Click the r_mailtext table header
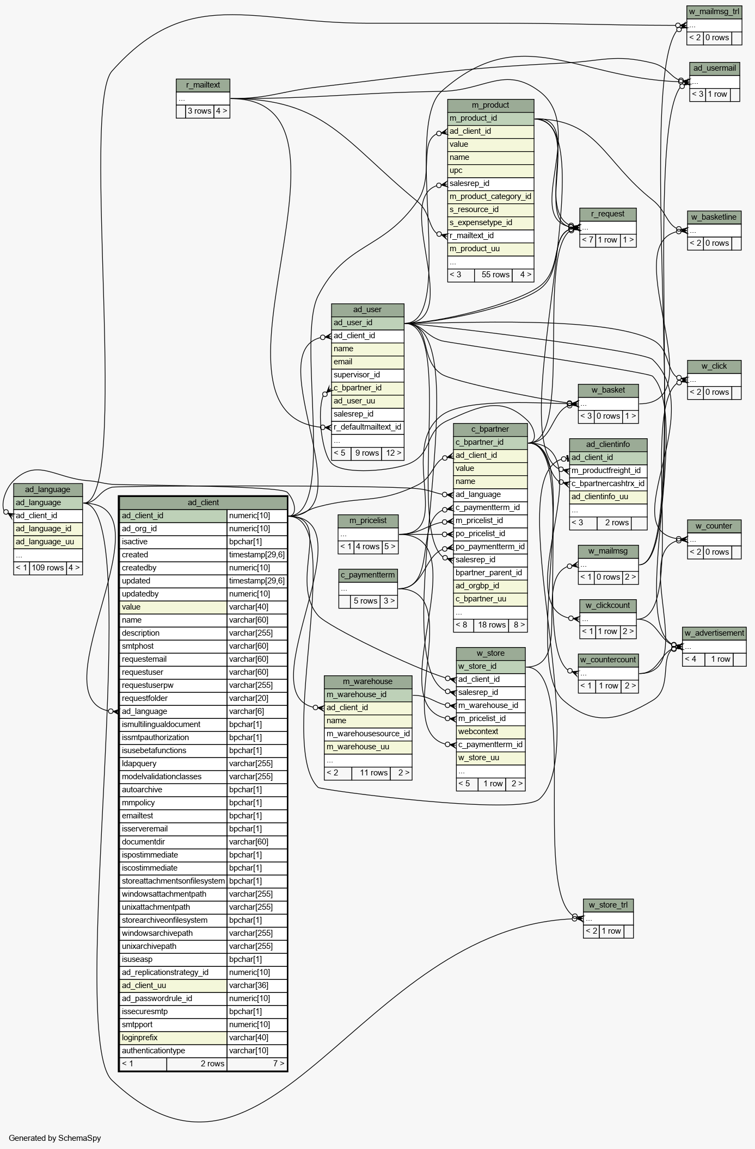pyautogui.click(x=202, y=85)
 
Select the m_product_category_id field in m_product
pyautogui.click(x=490, y=196)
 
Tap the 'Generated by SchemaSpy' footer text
pyautogui.click(x=54, y=1138)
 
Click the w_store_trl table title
pyautogui.click(x=607, y=905)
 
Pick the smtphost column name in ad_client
pyautogui.click(x=137, y=646)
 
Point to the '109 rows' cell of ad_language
pyautogui.click(x=47, y=568)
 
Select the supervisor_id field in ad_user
pyautogui.click(x=357, y=375)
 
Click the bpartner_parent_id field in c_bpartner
pyautogui.click(x=488, y=573)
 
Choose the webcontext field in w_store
pyautogui.click(x=478, y=731)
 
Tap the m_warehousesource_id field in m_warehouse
pyautogui.click(x=368, y=734)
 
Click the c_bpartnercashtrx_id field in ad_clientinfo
pyautogui.click(x=607, y=483)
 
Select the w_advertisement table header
pyautogui.click(x=714, y=633)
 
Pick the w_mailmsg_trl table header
pyautogui.click(x=714, y=11)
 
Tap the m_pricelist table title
pyautogui.click(x=367, y=520)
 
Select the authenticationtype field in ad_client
pyautogui.click(x=153, y=1051)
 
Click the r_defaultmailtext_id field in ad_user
pyautogui.click(x=367, y=427)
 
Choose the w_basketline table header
pyautogui.click(x=713, y=217)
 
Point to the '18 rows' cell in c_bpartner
pyautogui.click(x=492, y=625)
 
